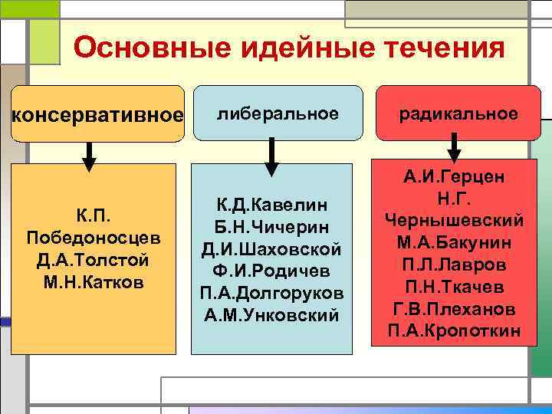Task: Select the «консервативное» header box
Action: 97,114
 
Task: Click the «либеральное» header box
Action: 278,113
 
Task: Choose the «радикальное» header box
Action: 458,113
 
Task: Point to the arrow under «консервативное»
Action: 89,156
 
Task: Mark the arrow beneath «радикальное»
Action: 454,147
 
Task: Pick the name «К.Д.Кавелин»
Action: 272,205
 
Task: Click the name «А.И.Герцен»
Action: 455,176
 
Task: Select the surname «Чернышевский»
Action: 455,220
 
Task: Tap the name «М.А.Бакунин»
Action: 455,242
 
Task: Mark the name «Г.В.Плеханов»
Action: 455,309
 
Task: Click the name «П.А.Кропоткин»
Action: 455,330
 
